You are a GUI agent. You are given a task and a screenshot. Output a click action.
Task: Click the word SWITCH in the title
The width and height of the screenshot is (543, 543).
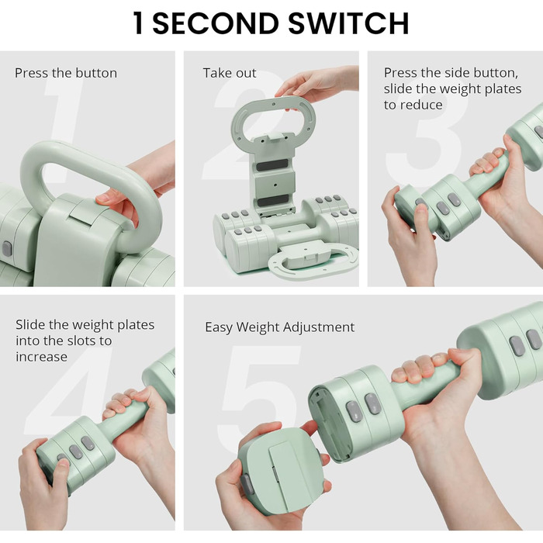tap(348, 23)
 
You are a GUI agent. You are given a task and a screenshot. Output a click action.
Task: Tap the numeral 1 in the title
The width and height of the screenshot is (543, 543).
tap(138, 23)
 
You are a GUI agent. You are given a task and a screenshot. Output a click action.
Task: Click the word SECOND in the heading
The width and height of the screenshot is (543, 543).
tap(216, 23)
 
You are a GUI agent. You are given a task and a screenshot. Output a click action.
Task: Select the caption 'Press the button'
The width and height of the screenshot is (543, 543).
tap(66, 73)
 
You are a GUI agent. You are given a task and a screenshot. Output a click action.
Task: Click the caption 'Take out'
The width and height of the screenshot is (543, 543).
tap(230, 73)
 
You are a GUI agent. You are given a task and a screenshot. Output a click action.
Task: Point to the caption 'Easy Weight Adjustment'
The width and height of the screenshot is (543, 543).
tap(279, 327)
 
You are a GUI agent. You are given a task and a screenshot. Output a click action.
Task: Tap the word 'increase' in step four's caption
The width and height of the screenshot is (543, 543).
tap(42, 357)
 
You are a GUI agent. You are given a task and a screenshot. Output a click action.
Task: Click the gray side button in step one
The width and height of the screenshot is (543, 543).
tap(7, 249)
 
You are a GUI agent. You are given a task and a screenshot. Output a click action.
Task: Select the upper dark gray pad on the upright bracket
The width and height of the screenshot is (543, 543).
tap(272, 165)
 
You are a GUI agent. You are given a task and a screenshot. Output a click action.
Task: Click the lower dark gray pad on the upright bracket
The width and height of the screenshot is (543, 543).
tap(273, 200)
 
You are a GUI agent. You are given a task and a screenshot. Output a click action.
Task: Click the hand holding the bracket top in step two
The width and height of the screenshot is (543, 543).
tap(316, 85)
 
